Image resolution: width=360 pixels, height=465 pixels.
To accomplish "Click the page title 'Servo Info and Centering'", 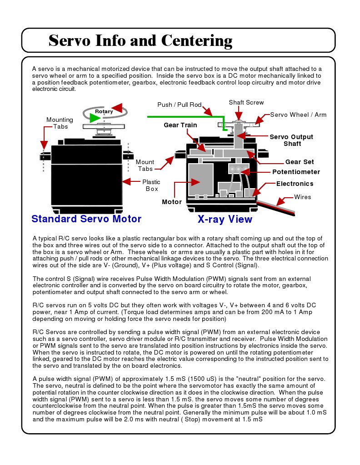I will tap(140, 40).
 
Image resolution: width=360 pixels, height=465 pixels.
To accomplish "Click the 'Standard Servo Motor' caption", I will tap(86, 219).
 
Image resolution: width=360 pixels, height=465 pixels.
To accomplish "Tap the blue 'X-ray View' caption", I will tap(225, 219).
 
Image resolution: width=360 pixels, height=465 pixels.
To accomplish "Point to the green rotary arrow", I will tap(94, 118).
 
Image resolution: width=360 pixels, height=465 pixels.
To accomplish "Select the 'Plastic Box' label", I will tap(151, 185).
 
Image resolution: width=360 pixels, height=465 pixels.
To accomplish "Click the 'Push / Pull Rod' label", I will tap(179, 105).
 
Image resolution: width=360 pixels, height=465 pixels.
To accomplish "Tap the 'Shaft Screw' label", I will tap(246, 102).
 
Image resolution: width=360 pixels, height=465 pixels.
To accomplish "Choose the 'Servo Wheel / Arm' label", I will tap(298, 115).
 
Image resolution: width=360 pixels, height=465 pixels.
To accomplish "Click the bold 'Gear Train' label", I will tap(180, 125).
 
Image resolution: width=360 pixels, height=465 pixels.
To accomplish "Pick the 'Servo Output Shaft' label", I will tap(292, 140).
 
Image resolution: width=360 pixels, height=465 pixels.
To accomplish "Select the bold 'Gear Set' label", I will tap(299, 162).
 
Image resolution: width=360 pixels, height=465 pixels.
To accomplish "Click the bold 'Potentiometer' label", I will tap(296, 172).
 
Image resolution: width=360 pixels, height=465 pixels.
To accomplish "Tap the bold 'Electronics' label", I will tap(295, 184).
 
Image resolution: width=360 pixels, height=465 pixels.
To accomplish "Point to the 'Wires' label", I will tap(302, 197).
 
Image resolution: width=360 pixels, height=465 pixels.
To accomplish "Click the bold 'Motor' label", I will tap(172, 201).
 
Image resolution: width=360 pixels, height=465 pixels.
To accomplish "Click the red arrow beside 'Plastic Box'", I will tap(130, 181).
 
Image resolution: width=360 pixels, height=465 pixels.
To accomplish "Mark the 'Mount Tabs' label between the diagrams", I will tap(145, 165).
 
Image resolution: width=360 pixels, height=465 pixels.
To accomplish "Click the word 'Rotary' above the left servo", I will tap(104, 111).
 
